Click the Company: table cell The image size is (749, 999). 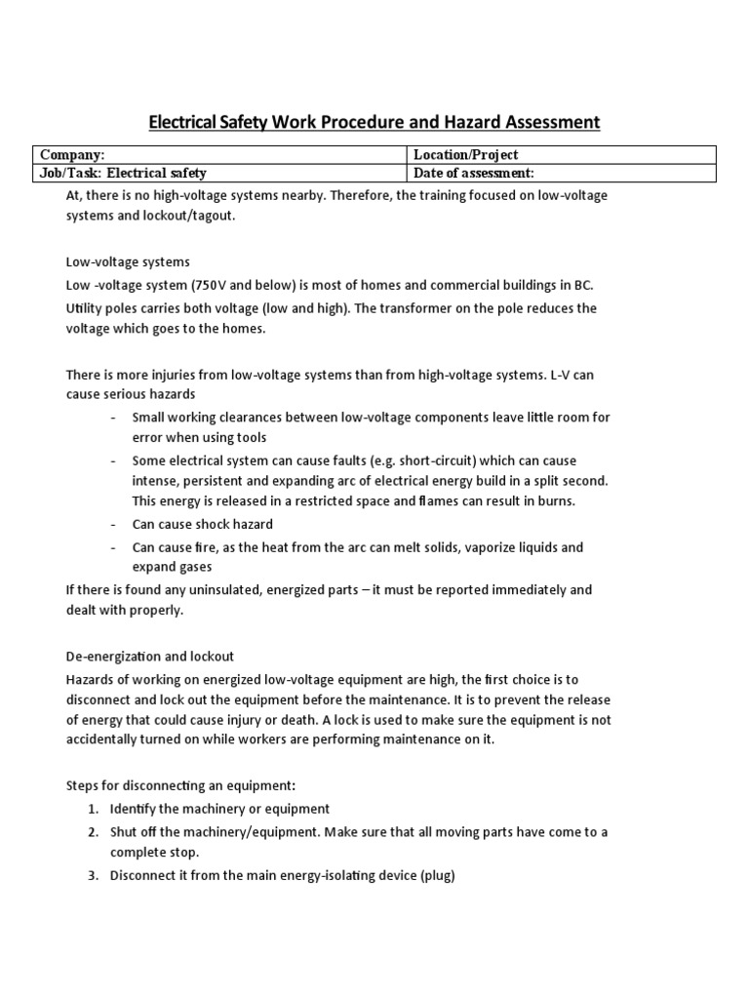pyautogui.click(x=219, y=154)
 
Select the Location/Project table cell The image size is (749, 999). pyautogui.click(x=561, y=154)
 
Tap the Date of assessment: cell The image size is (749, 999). pyautogui.click(x=561, y=173)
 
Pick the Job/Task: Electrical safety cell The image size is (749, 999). pyautogui.click(x=219, y=173)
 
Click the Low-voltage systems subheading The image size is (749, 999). pyautogui.click(x=128, y=262)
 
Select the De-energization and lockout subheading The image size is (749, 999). pyautogui.click(x=149, y=656)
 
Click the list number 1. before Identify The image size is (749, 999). pyautogui.click(x=93, y=809)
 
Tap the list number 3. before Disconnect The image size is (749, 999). pyautogui.click(x=93, y=875)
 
